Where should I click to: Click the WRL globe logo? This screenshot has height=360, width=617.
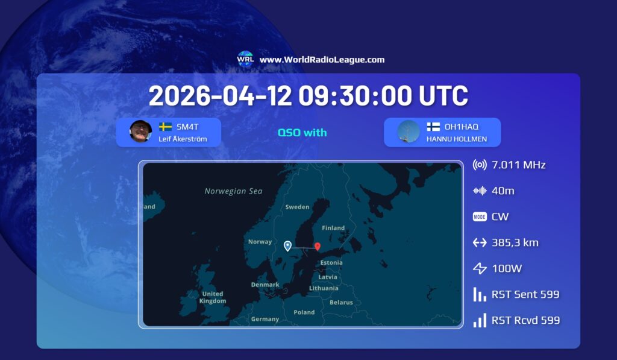[x=245, y=59]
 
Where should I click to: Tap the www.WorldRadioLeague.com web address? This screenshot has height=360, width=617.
[x=322, y=60]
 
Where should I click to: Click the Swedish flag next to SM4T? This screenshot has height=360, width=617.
[x=165, y=127]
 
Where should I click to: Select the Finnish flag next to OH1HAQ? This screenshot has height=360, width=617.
[x=433, y=127]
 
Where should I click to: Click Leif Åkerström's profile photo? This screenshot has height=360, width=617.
[x=140, y=131]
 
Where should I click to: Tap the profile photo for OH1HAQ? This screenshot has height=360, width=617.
[x=409, y=131]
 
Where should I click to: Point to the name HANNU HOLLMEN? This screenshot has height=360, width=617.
[x=456, y=139]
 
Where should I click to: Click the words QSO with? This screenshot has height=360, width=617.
[x=302, y=132]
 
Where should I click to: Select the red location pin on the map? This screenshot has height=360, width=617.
[x=318, y=246]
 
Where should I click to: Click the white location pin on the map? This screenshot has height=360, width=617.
[x=287, y=245]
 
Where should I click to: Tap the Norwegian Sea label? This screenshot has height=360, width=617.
[x=233, y=191]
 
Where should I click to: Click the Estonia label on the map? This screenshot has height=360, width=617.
[x=331, y=262]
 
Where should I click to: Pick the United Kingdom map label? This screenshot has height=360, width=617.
[x=213, y=297]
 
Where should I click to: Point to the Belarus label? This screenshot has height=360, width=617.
[x=341, y=302]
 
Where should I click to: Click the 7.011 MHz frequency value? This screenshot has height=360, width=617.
[x=519, y=165]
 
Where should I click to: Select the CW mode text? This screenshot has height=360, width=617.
[x=500, y=216]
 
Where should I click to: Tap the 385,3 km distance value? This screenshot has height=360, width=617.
[x=515, y=242]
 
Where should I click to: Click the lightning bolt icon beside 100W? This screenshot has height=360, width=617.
[x=480, y=268]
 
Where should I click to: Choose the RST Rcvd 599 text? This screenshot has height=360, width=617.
[x=525, y=320]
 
